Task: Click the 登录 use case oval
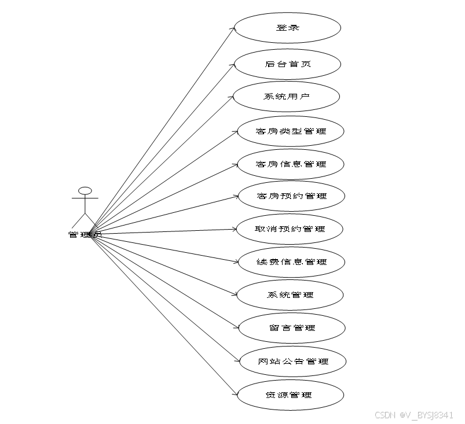pyautogui.click(x=287, y=27)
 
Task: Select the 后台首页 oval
pyautogui.click(x=287, y=63)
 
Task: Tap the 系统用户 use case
pyautogui.click(x=286, y=96)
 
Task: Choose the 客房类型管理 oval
pyautogui.click(x=291, y=131)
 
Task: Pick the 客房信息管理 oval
pyautogui.click(x=291, y=164)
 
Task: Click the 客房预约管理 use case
pyautogui.click(x=291, y=196)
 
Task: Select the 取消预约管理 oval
pyautogui.click(x=290, y=228)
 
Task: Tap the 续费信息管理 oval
pyautogui.click(x=291, y=261)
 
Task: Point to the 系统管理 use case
pyautogui.click(x=290, y=294)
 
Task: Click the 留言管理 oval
pyautogui.click(x=292, y=327)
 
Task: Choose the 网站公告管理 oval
pyautogui.click(x=293, y=361)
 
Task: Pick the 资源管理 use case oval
pyautogui.click(x=291, y=394)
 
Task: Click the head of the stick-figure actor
pyautogui.click(x=85, y=190)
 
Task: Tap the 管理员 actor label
pyautogui.click(x=85, y=234)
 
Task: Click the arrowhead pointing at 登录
pyautogui.click(x=235, y=28)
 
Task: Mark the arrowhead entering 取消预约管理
pyautogui.click(x=235, y=229)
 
